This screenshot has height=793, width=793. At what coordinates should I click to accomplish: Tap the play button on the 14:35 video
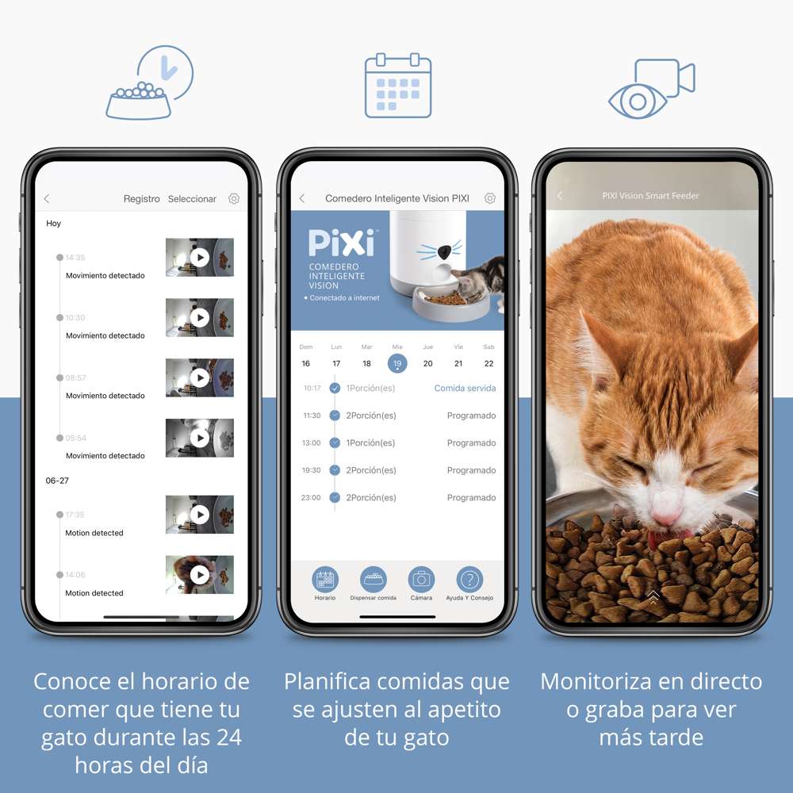tap(200, 258)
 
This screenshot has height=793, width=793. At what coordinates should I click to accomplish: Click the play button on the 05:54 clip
tap(200, 438)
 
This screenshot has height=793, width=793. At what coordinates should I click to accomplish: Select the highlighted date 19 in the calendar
tap(397, 364)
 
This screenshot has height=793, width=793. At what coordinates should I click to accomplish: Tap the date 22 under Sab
tap(488, 364)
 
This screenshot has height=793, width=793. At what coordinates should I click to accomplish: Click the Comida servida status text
tap(465, 389)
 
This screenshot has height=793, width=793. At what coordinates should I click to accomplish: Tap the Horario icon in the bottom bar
tap(324, 580)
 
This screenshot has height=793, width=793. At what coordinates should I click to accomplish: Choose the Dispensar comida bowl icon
tap(374, 580)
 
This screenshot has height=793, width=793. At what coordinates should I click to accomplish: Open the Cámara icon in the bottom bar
tap(421, 580)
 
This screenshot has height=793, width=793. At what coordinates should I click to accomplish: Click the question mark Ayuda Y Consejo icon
tap(469, 580)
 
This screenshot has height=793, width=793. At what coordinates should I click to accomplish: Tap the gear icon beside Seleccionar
tap(234, 199)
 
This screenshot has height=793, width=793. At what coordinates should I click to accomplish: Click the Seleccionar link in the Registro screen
tap(192, 199)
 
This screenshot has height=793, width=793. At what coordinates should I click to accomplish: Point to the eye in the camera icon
tap(638, 102)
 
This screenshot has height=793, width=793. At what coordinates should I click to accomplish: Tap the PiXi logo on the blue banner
tap(342, 243)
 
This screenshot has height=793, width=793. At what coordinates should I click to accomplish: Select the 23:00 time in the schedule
tap(311, 498)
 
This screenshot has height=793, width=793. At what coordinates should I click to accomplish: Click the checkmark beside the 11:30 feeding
tap(335, 416)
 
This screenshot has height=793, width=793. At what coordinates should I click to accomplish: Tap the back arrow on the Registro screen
tap(47, 199)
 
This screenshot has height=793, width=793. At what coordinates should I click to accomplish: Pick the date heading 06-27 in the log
tap(57, 481)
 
